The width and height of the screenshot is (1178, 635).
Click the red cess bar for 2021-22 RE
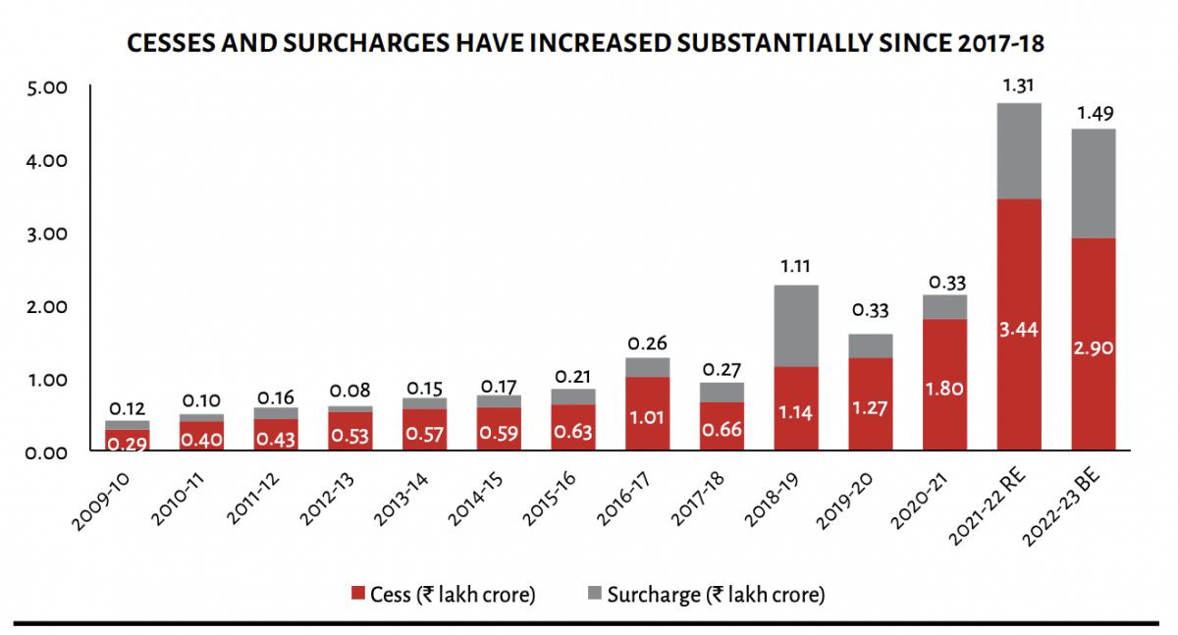pos(1019,324)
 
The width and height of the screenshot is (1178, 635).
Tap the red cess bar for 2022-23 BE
pos(1093,344)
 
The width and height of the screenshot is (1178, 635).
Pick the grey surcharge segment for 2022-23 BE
pos(1093,184)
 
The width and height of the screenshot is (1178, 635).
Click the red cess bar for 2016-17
pos(647,413)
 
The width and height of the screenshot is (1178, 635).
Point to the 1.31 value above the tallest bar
pos(1019,85)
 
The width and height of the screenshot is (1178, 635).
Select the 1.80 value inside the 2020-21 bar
pos(943,390)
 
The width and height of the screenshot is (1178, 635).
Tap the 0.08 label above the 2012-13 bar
pos(349,391)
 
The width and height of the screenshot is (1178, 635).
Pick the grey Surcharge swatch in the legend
pos(594,594)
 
